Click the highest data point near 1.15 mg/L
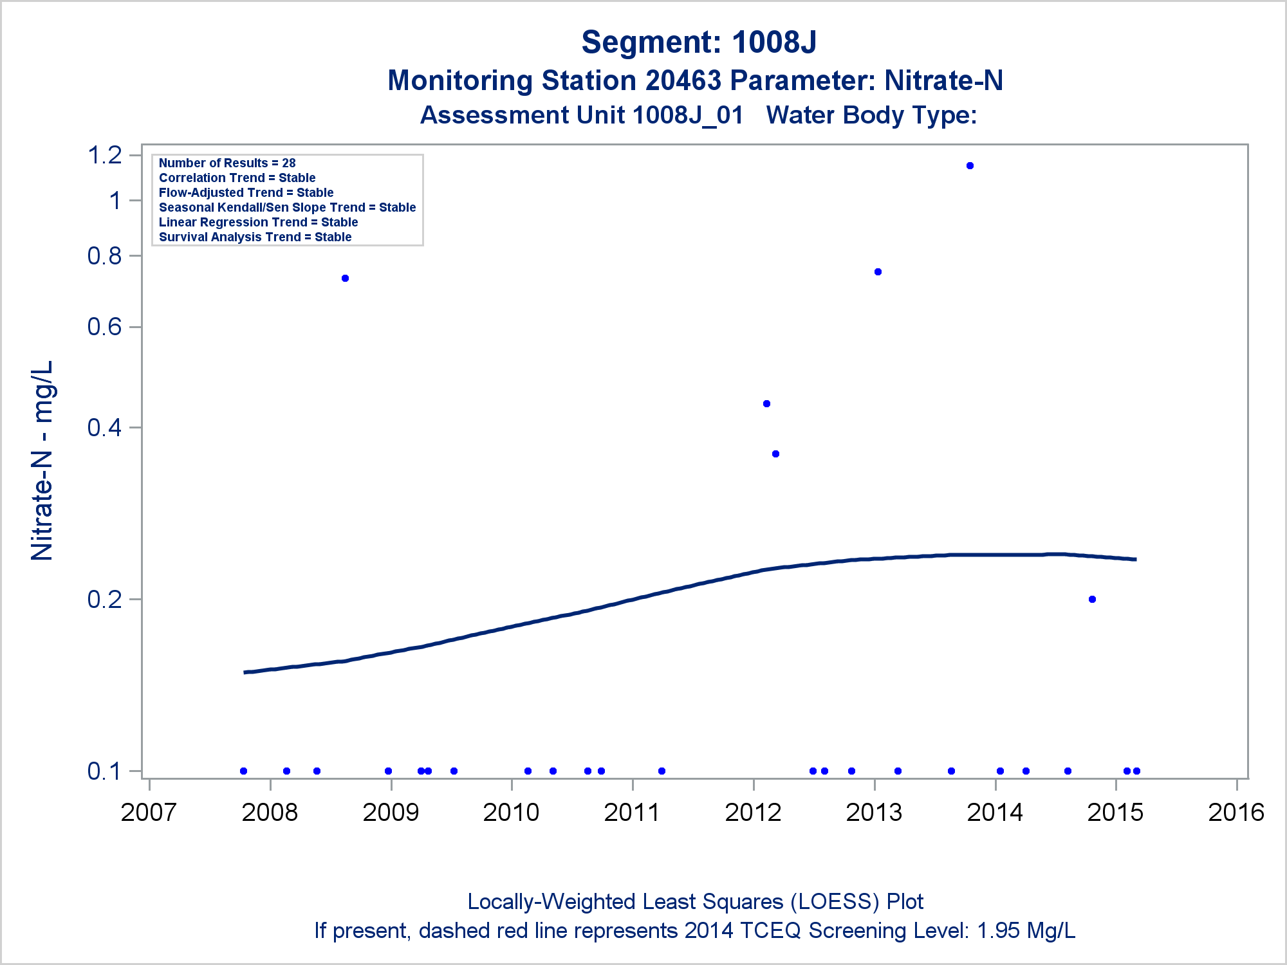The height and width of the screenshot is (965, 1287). click(x=970, y=166)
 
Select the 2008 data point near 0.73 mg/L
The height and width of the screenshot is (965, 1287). click(x=345, y=279)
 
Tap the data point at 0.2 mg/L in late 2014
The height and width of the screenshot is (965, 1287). click(x=1092, y=600)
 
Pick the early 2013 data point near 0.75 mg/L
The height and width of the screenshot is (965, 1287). click(x=878, y=272)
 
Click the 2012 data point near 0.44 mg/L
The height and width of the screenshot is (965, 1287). click(x=766, y=404)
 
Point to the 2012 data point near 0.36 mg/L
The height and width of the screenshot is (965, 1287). click(x=775, y=454)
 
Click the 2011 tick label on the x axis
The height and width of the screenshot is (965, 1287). click(x=632, y=813)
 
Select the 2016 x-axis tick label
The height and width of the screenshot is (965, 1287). click(x=1236, y=813)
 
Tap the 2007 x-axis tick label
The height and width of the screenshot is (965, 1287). click(x=149, y=813)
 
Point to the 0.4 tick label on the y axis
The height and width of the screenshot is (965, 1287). click(x=105, y=427)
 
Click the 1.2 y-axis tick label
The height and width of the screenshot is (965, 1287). click(x=105, y=155)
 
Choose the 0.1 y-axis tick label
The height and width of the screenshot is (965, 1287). click(x=105, y=771)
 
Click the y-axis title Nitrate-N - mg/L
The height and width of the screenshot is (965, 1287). click(x=42, y=461)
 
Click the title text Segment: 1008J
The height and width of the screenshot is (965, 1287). click(x=699, y=42)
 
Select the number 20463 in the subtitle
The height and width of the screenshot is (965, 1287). click(x=683, y=81)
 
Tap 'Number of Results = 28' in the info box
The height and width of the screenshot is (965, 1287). click(x=227, y=163)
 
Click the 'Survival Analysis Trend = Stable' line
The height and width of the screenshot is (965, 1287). click(x=255, y=237)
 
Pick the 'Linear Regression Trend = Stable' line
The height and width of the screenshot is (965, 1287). click(x=258, y=223)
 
